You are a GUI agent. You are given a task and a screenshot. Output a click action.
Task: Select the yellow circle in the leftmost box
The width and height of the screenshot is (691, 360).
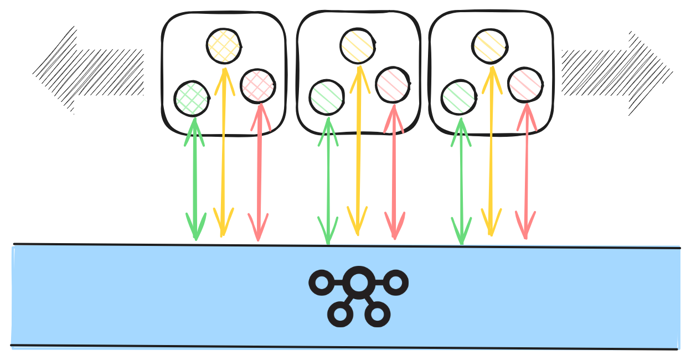(x=224, y=46)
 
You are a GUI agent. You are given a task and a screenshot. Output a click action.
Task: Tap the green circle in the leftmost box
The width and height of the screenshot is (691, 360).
(x=192, y=99)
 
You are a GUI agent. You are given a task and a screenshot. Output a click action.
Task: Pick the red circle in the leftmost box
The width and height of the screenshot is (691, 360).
(x=258, y=86)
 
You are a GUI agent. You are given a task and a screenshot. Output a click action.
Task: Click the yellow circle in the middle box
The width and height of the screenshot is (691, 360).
(x=358, y=45)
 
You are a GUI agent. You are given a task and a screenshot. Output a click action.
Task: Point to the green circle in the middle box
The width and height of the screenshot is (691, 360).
(x=327, y=97)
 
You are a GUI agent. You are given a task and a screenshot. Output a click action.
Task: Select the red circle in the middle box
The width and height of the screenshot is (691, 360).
(x=393, y=85)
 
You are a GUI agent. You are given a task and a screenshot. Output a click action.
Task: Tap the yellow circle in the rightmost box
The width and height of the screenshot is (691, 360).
(x=490, y=45)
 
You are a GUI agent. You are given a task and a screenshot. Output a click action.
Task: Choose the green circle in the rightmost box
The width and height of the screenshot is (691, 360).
(x=459, y=97)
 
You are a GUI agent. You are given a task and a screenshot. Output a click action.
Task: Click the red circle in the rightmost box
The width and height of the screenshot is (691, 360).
(x=525, y=85)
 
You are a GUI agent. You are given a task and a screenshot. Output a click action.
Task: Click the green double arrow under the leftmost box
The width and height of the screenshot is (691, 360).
(x=194, y=177)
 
